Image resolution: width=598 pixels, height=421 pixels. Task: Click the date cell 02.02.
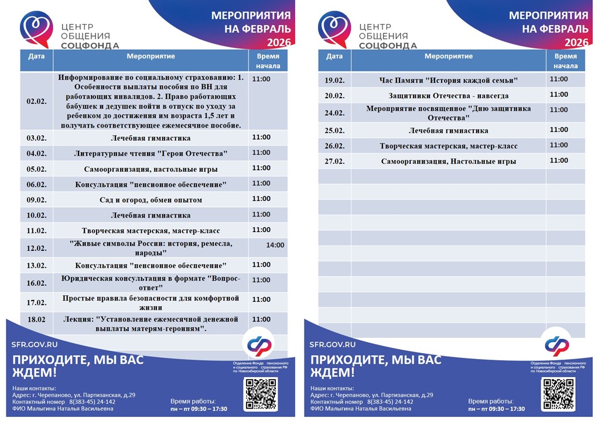36,101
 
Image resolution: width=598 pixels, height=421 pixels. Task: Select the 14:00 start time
275,245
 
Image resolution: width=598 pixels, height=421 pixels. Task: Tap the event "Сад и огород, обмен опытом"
151,200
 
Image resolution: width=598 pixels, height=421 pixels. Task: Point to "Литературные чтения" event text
151,154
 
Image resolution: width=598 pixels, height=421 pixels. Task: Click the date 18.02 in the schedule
36,320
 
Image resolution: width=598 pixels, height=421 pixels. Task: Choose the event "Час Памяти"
448,80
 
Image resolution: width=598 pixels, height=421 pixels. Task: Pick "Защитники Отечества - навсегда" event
448,95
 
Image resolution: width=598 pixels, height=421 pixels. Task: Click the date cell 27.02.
334,161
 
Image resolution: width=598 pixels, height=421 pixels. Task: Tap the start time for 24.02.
559,110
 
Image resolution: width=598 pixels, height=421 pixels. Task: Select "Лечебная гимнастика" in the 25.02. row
448,130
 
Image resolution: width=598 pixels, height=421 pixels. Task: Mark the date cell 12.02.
36,249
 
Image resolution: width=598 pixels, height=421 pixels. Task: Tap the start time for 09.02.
261,199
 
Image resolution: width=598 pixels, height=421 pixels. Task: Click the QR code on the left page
261,394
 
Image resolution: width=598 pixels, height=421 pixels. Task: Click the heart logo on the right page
334,30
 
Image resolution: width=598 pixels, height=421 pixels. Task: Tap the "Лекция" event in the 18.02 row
151,324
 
